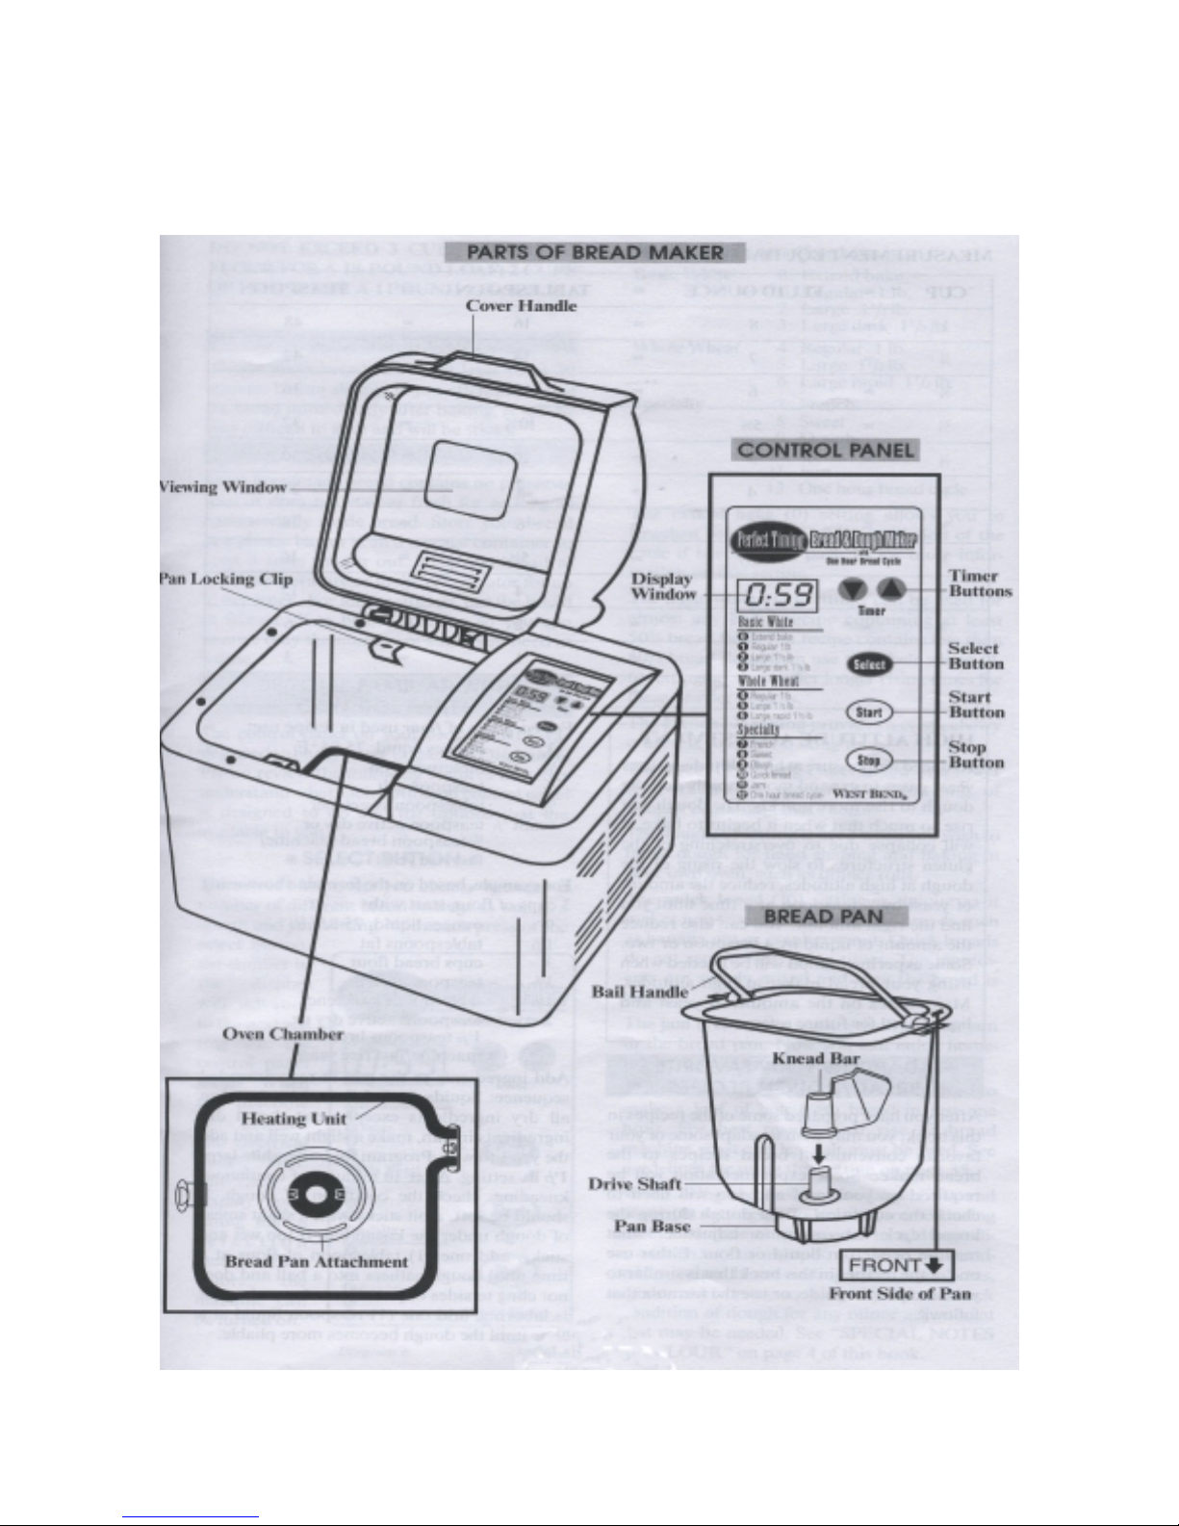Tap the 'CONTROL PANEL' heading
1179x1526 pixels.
click(x=826, y=450)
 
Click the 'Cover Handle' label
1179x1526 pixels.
click(x=534, y=306)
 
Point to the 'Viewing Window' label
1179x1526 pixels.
click(x=222, y=487)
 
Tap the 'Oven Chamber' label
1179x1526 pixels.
click(x=282, y=1034)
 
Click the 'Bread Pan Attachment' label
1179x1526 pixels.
click(x=317, y=1261)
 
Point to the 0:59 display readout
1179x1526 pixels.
click(x=776, y=594)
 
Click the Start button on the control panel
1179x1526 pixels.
click(x=869, y=712)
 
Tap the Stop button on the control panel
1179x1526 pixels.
click(x=869, y=761)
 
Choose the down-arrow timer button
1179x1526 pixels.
click(x=853, y=590)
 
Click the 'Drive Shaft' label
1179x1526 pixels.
click(x=635, y=1184)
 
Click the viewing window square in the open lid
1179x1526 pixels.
click(x=457, y=478)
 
